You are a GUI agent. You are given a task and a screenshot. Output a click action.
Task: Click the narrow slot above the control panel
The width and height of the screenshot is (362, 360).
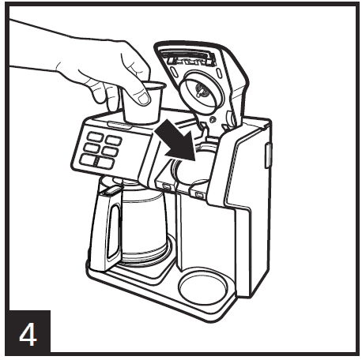pyautogui.click(x=117, y=125)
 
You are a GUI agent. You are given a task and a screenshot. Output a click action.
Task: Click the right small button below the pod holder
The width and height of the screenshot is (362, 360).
pyautogui.click(x=199, y=193)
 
